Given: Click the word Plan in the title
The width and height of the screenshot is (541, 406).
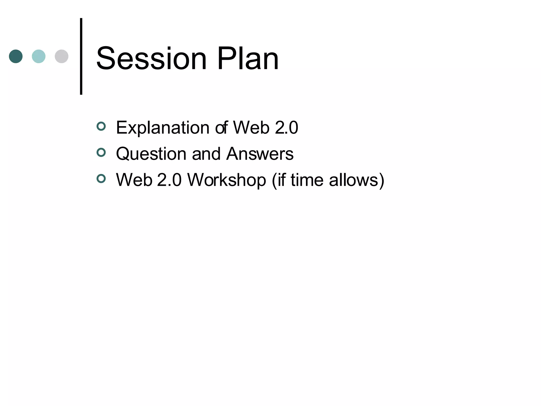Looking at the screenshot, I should pyautogui.click(x=248, y=59).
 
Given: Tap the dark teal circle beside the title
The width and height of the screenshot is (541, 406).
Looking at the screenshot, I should pyautogui.click(x=16, y=56).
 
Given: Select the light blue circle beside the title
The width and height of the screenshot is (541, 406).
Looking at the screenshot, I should pyautogui.click(x=39, y=56).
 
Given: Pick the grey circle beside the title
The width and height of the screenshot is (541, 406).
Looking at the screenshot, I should pyautogui.click(x=62, y=56).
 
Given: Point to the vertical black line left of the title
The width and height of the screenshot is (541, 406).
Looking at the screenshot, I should pyautogui.click(x=81, y=56).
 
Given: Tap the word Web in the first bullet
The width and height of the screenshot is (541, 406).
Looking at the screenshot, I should pyautogui.click(x=251, y=128).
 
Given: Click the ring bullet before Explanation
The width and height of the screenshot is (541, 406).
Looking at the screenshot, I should pyautogui.click(x=101, y=126).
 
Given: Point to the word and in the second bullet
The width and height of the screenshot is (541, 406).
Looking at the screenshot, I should pyautogui.click(x=206, y=154).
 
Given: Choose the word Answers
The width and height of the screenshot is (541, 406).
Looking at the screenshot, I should pyautogui.click(x=260, y=154).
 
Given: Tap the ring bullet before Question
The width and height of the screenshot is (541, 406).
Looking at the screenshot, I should pyautogui.click(x=101, y=153).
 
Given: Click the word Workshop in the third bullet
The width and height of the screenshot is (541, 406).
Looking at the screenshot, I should pyautogui.click(x=227, y=180).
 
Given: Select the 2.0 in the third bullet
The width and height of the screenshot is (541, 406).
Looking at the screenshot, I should pyautogui.click(x=169, y=180).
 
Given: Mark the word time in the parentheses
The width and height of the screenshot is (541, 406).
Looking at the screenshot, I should pyautogui.click(x=307, y=180).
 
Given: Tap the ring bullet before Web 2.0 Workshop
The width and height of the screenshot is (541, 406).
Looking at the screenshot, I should pyautogui.click(x=101, y=179).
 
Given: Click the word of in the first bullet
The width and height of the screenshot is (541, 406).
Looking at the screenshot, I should pyautogui.click(x=221, y=128).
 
